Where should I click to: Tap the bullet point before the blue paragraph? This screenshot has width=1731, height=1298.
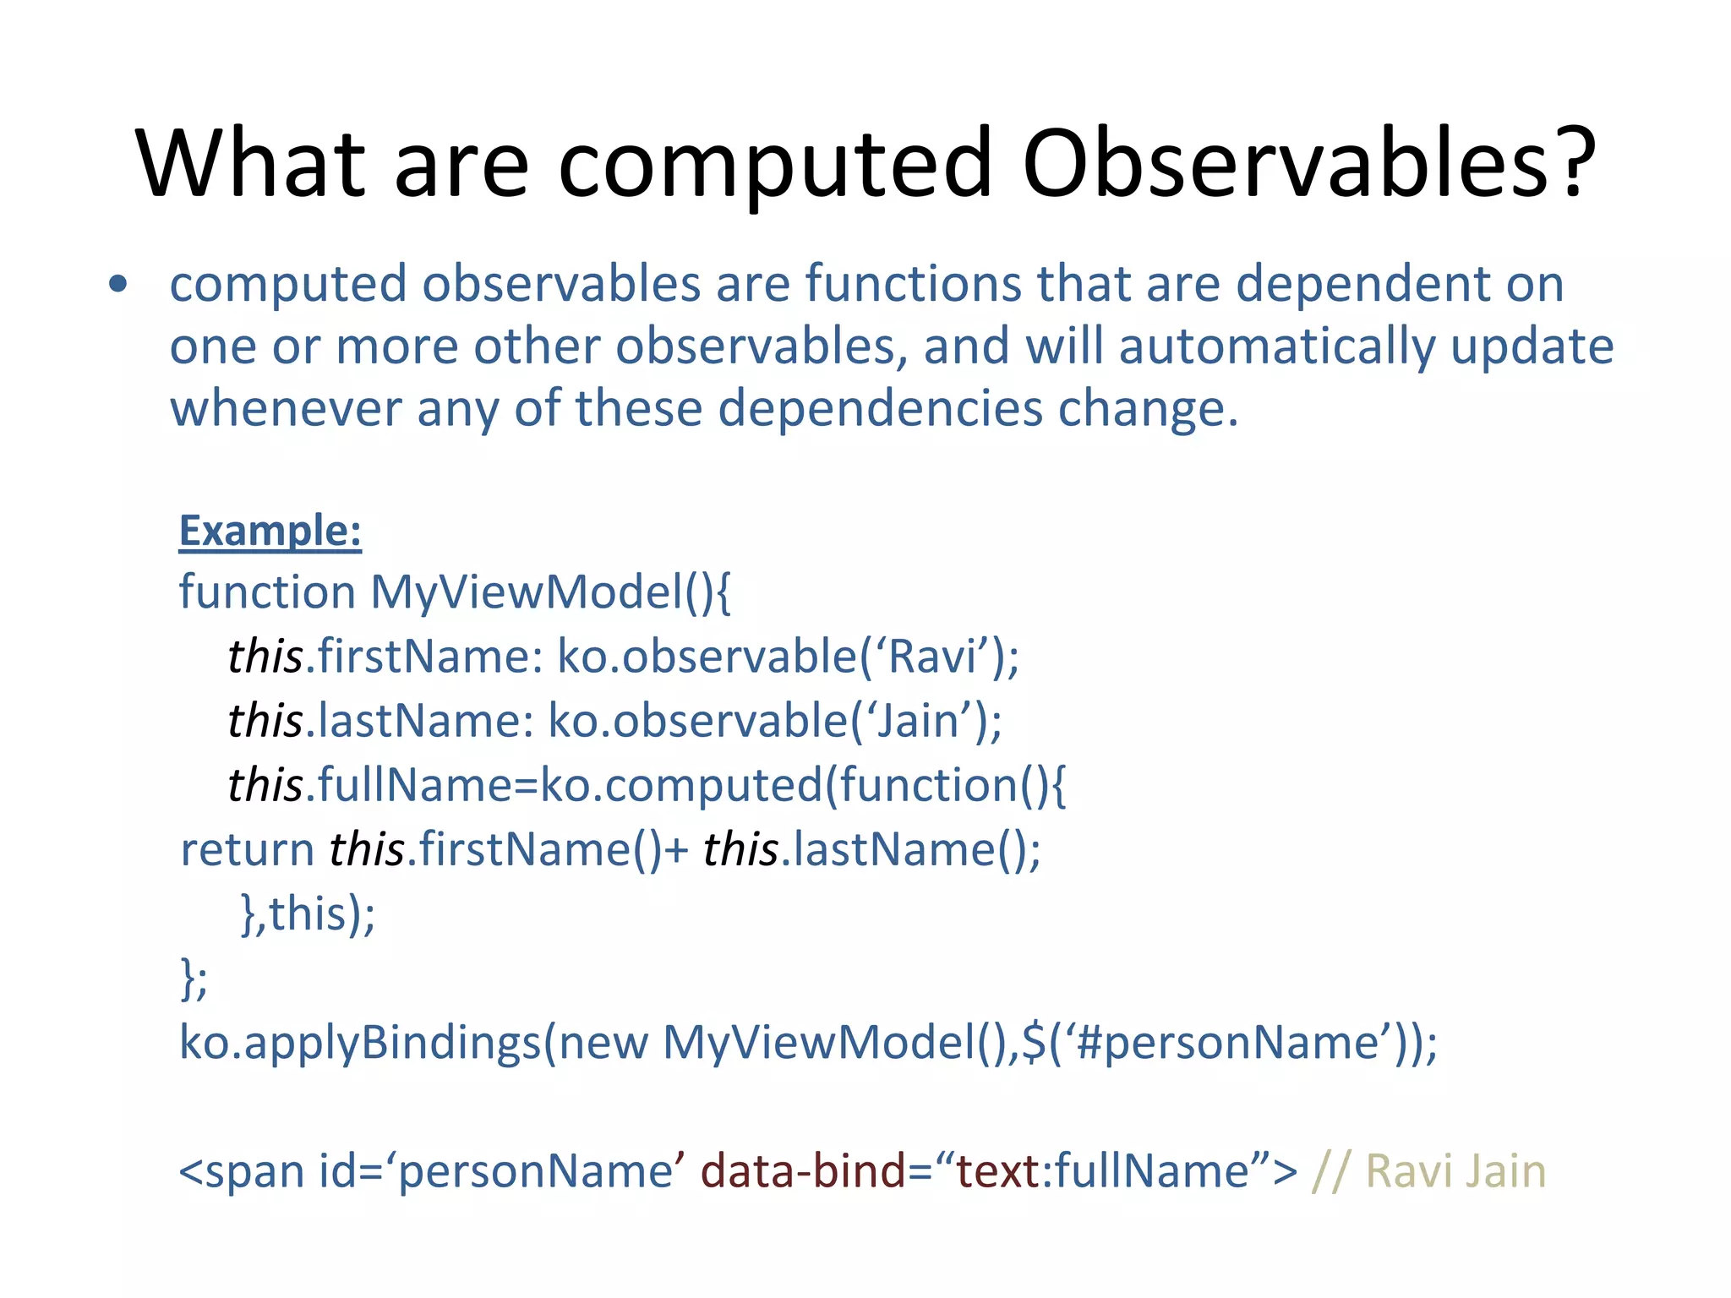pos(118,285)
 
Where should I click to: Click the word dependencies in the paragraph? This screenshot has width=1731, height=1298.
pos(879,409)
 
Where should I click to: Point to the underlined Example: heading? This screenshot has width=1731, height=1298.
pos(270,532)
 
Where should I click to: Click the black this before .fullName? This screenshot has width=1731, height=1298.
pos(265,785)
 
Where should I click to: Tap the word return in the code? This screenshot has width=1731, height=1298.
pos(247,850)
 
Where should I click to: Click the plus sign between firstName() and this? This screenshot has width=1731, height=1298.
pos(677,850)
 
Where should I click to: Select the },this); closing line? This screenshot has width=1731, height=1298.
pos(308,914)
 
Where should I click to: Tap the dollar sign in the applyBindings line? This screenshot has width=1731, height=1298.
pos(1034,1043)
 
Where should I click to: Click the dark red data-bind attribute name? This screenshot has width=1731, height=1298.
pos(802,1172)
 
